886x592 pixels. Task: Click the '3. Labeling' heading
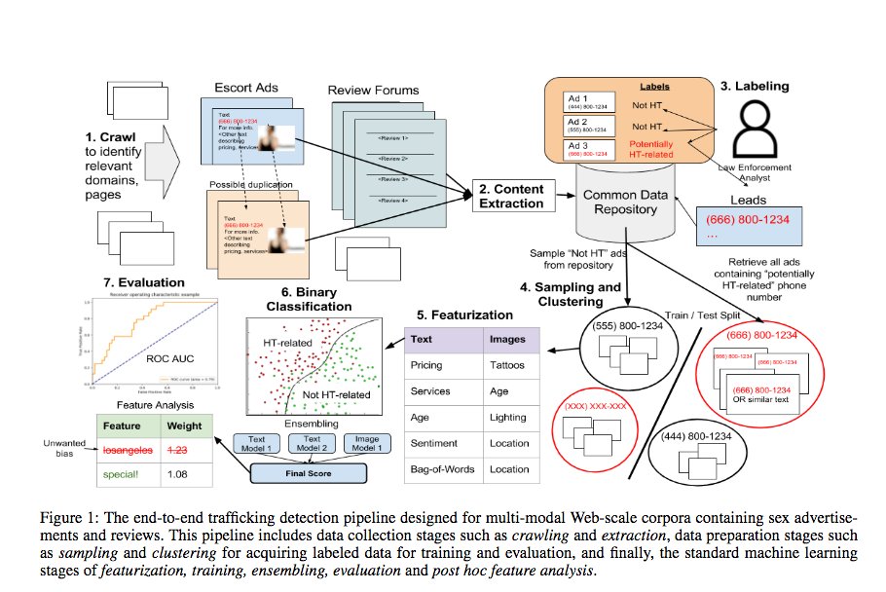pyautogui.click(x=755, y=86)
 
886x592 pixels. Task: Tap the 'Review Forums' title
pyautogui.click(x=374, y=91)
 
